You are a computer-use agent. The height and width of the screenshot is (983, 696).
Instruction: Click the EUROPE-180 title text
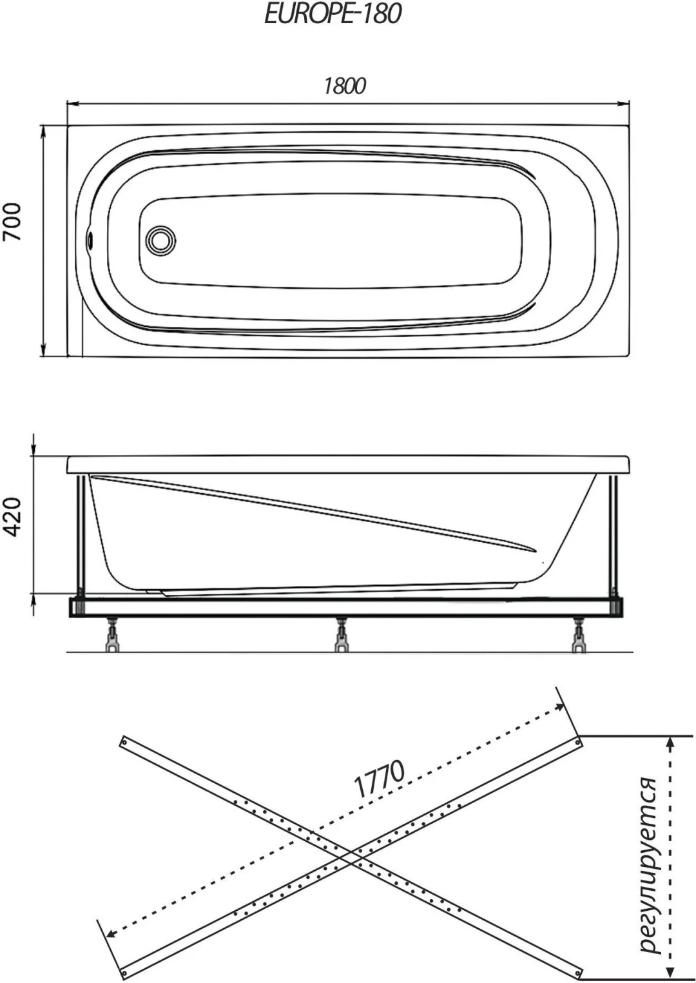(333, 14)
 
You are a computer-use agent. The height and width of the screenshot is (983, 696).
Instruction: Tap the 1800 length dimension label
(345, 86)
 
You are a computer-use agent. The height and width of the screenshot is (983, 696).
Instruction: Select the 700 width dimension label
(12, 222)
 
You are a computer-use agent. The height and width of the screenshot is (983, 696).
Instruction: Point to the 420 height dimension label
(12, 517)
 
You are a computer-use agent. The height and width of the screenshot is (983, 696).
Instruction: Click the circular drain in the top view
(161, 240)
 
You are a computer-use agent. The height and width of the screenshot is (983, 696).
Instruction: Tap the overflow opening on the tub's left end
(90, 240)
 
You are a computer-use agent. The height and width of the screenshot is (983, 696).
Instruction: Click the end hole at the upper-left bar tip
(124, 741)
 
